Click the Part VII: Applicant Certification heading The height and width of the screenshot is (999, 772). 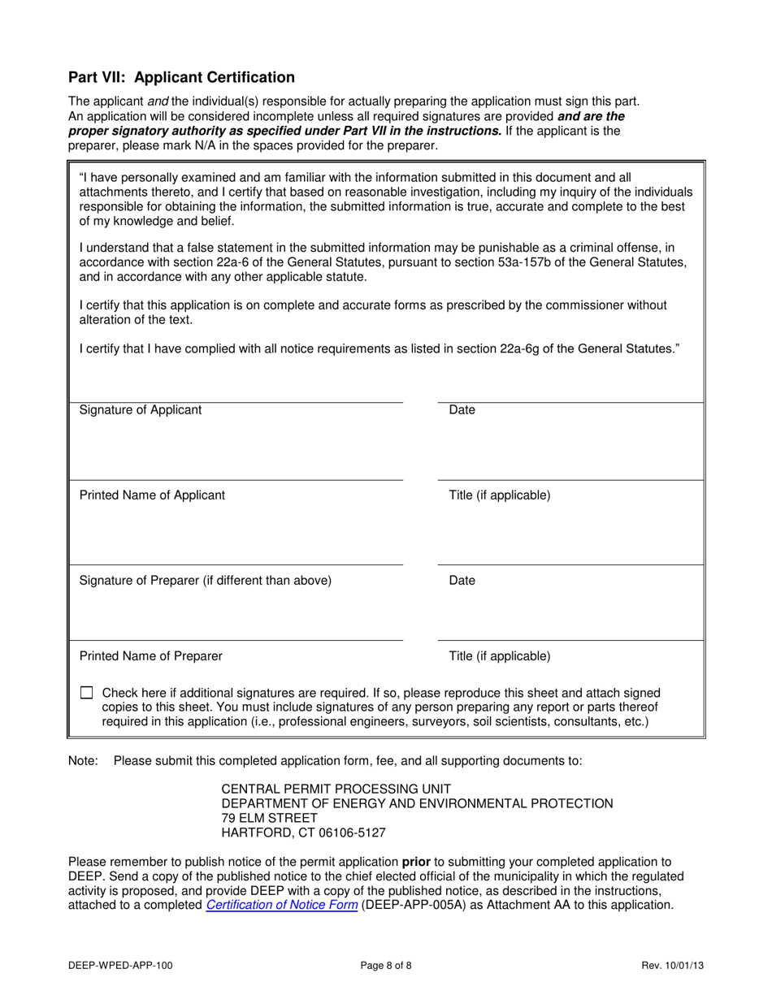(181, 78)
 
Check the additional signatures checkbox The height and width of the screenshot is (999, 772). (87, 694)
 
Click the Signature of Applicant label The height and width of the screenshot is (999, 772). (141, 410)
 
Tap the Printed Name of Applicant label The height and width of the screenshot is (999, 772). (152, 495)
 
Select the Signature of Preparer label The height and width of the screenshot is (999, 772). (206, 581)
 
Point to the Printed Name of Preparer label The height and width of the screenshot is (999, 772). (150, 655)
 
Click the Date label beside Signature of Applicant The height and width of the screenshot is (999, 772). (462, 410)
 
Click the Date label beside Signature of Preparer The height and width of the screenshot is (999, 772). (462, 581)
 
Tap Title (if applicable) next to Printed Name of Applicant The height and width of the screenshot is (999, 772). (500, 495)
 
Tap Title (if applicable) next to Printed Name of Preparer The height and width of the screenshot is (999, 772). (500, 655)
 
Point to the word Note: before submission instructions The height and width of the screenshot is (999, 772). (83, 761)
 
